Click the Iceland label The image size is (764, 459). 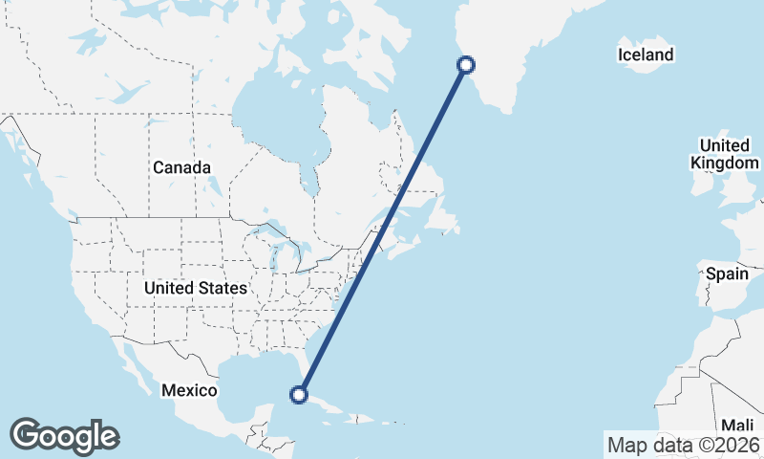coord(646,55)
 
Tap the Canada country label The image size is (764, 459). coord(180,167)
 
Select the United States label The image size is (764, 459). coord(195,287)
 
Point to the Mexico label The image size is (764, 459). coord(189,390)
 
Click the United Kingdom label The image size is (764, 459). coord(724,154)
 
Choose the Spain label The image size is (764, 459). coord(727,274)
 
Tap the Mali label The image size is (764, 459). coord(737,425)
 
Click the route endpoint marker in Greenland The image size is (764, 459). coord(466,65)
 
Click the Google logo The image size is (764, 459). coord(64,436)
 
